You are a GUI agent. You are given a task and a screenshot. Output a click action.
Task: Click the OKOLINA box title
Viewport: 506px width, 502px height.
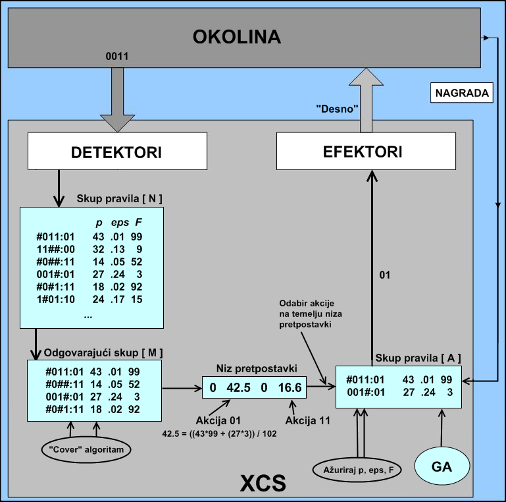(236, 37)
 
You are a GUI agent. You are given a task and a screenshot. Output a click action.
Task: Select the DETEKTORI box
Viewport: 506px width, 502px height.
(116, 152)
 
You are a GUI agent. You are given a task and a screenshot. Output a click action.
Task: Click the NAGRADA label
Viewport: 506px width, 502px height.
(462, 94)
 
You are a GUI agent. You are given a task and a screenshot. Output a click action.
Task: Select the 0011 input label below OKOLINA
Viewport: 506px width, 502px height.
(116, 57)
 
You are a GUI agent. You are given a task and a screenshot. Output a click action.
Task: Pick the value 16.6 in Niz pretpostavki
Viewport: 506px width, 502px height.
(289, 388)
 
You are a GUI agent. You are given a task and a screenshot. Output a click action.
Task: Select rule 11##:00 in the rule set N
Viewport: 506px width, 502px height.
(57, 249)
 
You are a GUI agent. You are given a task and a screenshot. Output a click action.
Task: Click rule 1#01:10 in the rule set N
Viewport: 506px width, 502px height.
(57, 298)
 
